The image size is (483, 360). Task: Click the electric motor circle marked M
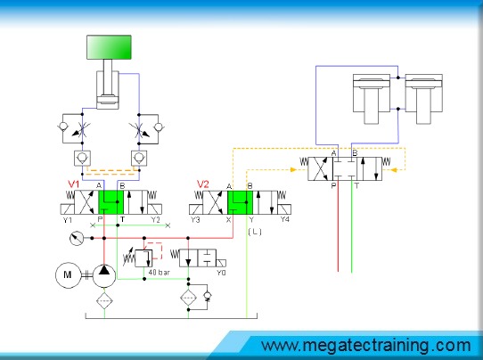coord(68,275)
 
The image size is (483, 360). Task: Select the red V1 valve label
coord(74,184)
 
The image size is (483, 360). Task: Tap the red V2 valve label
coord(202,184)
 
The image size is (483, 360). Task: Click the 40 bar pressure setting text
coord(159,273)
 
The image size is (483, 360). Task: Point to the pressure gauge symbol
coord(77,238)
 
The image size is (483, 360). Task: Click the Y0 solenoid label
coord(221,273)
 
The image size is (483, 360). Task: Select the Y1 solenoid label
coord(68,220)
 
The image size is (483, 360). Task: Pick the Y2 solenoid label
coord(155,220)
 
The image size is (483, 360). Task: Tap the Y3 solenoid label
coord(195,220)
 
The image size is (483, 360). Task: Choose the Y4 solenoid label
coord(284,219)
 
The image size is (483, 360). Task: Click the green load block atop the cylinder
coord(109,47)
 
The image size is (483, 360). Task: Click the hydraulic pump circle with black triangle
coord(104,275)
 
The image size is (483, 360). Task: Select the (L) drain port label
coord(255,232)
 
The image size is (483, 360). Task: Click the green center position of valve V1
coord(111,202)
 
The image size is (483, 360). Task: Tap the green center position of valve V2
coord(240,202)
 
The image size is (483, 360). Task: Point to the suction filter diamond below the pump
coord(104,300)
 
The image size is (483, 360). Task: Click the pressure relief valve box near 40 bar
coord(143,258)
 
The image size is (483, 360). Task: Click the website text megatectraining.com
coord(366,345)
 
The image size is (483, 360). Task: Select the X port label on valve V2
coord(228,219)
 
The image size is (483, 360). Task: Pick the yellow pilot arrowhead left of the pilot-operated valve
coord(293,169)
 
